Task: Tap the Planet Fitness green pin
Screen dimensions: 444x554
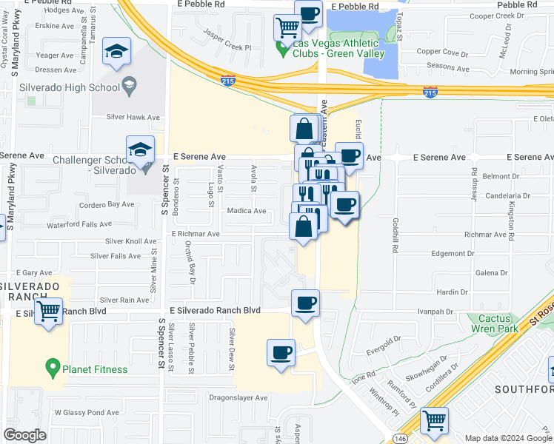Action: pyautogui.click(x=52, y=366)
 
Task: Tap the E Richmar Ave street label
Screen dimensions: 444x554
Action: pyautogui.click(x=196, y=234)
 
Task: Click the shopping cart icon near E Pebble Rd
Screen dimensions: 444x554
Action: pyautogui.click(x=287, y=28)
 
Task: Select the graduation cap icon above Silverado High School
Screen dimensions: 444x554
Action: pyautogui.click(x=117, y=51)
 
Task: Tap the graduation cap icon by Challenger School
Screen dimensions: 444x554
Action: pyautogui.click(x=140, y=150)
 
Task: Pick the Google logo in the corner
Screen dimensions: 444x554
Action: pyautogui.click(x=24, y=435)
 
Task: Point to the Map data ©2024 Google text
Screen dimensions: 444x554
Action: pyautogui.click(x=508, y=438)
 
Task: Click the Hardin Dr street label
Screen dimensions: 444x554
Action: pyautogui.click(x=453, y=292)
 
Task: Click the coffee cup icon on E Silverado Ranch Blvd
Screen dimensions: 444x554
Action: pyautogui.click(x=305, y=303)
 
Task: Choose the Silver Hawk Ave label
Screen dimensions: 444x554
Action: pyautogui.click(x=133, y=117)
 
